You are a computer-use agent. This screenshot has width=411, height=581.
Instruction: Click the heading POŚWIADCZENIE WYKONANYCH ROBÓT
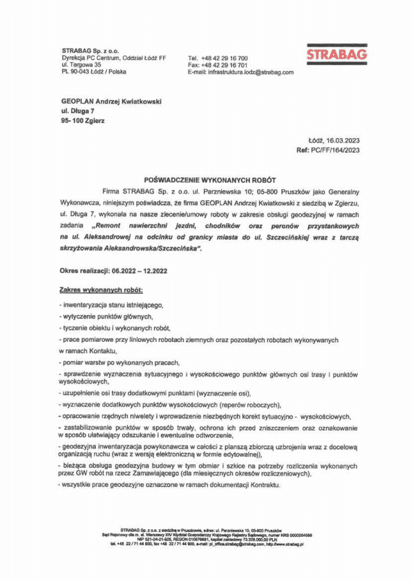[x=205, y=178]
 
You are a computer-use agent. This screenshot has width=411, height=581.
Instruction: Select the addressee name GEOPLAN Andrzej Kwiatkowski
[x=111, y=101]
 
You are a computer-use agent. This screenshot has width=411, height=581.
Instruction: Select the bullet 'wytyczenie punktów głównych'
[x=104, y=316]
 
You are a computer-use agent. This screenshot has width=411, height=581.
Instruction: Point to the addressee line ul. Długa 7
[x=77, y=111]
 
